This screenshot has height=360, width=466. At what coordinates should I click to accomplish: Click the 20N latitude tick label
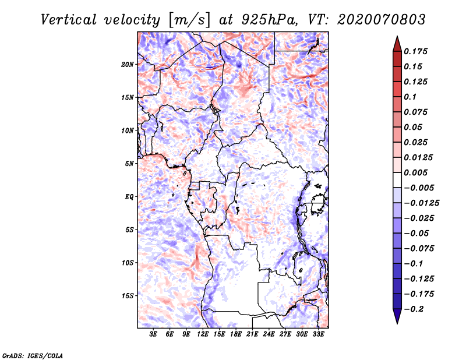(x=128, y=64)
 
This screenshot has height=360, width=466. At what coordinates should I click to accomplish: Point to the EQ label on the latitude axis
(x=129, y=197)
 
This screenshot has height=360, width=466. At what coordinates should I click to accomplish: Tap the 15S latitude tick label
(x=128, y=296)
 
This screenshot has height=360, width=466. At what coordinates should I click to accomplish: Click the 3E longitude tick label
(x=154, y=334)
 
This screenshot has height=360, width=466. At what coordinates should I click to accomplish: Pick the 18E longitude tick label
(x=236, y=334)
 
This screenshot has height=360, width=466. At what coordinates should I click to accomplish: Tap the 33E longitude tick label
(x=318, y=334)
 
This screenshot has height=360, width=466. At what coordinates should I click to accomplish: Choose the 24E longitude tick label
(x=269, y=334)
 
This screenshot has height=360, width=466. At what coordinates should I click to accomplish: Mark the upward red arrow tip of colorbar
(x=397, y=38)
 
